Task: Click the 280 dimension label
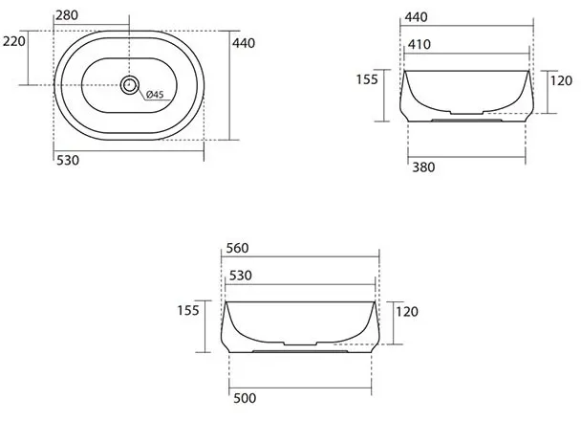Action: [67, 15]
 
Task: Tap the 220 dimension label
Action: [14, 41]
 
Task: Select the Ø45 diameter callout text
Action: [155, 94]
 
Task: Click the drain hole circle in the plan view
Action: [129, 85]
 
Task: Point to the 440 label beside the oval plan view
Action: [244, 43]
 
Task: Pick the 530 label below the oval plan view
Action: [68, 160]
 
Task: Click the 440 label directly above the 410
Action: [416, 17]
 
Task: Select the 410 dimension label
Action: [420, 45]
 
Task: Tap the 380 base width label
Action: [423, 167]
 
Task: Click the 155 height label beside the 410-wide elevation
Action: [367, 79]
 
